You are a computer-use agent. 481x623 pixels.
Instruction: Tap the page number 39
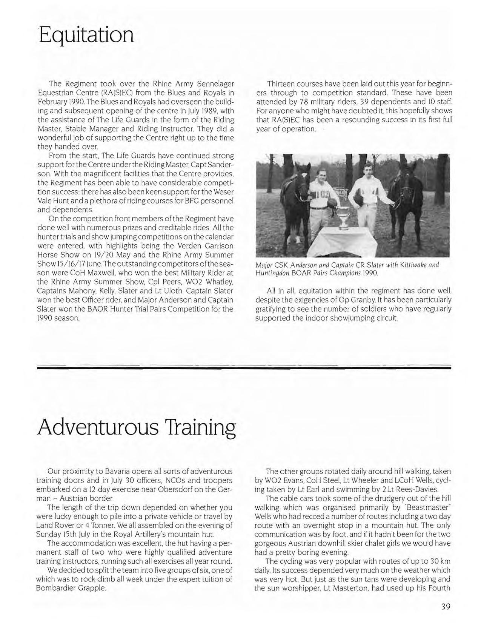click(446, 607)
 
